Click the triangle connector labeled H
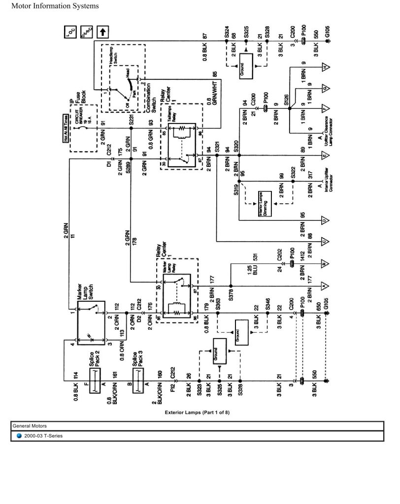coord(325,66)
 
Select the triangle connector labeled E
coord(325,157)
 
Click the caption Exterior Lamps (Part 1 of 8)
coord(197,413)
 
